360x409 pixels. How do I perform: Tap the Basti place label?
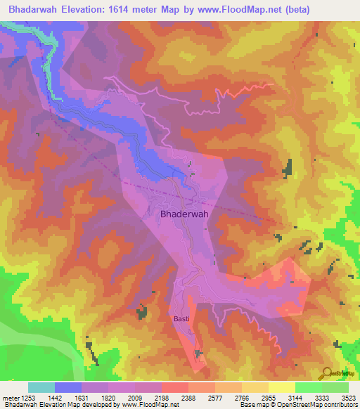click(x=181, y=318)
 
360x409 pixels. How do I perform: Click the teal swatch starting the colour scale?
click(x=41, y=387)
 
